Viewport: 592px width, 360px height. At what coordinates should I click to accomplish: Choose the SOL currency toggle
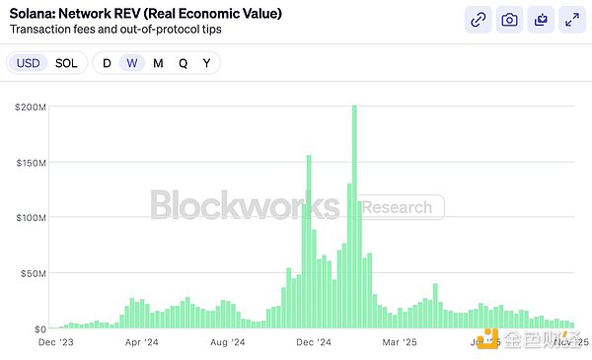65,63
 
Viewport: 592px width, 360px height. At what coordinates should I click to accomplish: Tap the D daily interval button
107,63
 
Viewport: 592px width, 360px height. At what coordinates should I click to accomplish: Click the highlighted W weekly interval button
132,63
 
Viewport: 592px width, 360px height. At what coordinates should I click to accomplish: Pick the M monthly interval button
158,63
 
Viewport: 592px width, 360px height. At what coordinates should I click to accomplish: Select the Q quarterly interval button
183,63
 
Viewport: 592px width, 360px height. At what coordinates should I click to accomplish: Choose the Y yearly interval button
206,63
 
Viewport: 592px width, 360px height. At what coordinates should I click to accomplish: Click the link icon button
478,19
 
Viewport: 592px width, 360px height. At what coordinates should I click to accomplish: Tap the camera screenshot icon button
509,19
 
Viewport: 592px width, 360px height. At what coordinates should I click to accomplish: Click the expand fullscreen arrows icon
570,19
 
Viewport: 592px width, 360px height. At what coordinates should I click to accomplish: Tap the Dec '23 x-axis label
55,342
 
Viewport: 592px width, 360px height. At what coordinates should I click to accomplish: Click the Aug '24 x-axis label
228,342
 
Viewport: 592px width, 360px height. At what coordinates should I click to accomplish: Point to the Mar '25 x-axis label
399,342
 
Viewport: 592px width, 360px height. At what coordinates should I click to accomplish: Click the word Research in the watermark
397,207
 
